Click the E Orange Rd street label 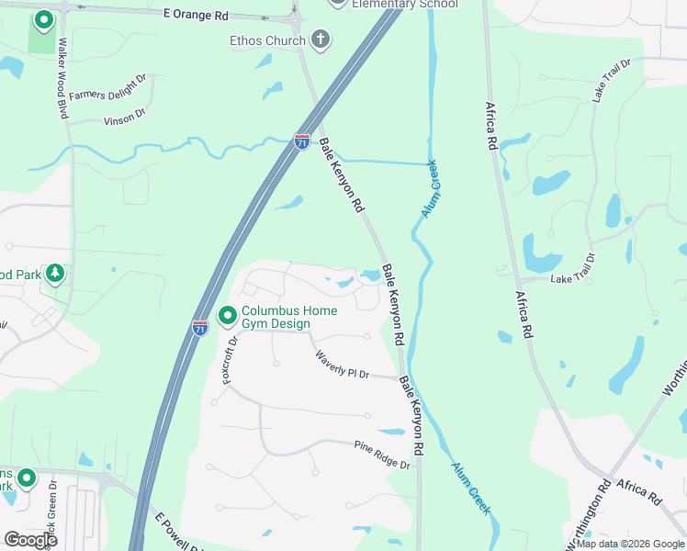tap(196, 16)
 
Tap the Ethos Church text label tap(267, 40)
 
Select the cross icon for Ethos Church tap(320, 39)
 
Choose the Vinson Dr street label tap(125, 116)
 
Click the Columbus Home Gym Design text tap(288, 317)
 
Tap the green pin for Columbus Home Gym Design tap(227, 317)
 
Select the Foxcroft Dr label tap(229, 359)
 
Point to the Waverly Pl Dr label tap(342, 365)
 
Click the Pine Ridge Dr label tap(382, 455)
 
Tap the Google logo tap(30, 540)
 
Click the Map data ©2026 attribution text tap(630, 544)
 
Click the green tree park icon tap(55, 273)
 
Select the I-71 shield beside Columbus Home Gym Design tap(200, 327)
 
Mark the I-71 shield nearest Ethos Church tap(301, 141)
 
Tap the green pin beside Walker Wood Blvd tap(42, 19)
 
